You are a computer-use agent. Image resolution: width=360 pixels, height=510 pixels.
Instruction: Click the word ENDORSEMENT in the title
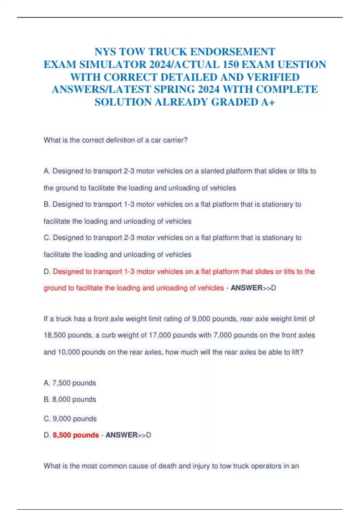click(232, 52)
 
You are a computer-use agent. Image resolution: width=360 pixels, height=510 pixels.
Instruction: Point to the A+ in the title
click(268, 102)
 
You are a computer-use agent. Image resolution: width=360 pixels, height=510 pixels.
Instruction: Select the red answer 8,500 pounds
click(76, 435)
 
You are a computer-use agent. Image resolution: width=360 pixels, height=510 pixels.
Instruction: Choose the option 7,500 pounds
click(74, 383)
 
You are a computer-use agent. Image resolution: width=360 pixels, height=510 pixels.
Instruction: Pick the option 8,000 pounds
click(74, 399)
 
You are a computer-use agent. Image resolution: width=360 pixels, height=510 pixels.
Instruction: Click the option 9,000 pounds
click(74, 419)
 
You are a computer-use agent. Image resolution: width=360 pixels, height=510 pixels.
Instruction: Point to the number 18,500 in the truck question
click(55, 335)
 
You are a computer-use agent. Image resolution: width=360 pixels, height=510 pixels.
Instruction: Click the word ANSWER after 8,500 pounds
click(121, 435)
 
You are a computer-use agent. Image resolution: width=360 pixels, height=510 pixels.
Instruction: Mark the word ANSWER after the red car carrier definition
click(246, 288)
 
